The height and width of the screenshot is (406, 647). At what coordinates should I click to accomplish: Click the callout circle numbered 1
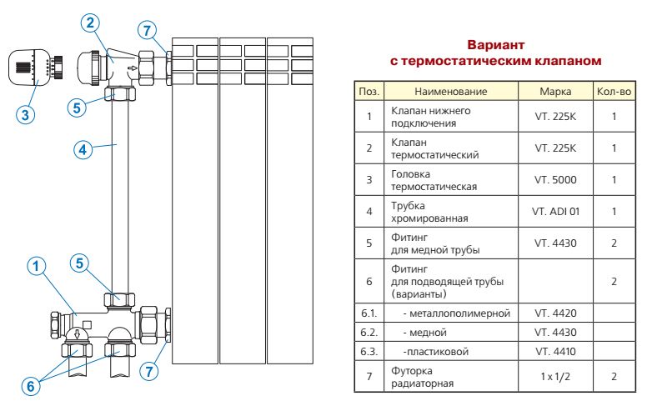(37, 266)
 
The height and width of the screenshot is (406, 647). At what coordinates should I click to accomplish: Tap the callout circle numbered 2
(90, 23)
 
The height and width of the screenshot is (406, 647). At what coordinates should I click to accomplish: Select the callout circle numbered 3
(25, 114)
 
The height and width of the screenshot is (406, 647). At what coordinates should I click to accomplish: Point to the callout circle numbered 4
(83, 149)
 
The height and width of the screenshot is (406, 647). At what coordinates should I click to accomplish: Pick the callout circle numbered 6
(31, 387)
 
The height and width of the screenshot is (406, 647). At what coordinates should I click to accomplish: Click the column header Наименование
(450, 91)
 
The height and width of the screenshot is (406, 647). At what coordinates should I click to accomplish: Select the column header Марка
(555, 91)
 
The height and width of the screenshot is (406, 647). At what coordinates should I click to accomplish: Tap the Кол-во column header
(614, 91)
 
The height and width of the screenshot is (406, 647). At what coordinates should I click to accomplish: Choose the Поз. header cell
(369, 91)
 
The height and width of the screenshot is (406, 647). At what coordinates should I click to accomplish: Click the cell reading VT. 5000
(555, 179)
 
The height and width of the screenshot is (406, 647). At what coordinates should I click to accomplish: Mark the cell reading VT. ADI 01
(555, 211)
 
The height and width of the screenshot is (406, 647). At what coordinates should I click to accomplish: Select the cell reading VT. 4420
(555, 313)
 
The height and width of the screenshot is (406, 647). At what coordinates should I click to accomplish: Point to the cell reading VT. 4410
(555, 352)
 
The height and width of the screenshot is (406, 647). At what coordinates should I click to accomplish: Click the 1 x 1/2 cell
(555, 376)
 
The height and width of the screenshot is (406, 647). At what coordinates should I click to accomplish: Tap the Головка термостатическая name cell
(450, 180)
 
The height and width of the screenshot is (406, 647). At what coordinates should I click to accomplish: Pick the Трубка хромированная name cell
(450, 212)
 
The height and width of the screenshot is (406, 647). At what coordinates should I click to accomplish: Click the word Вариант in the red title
(496, 44)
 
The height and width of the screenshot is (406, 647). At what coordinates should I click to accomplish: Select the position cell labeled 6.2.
(369, 333)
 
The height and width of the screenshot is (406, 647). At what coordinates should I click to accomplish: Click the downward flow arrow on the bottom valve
(77, 333)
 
